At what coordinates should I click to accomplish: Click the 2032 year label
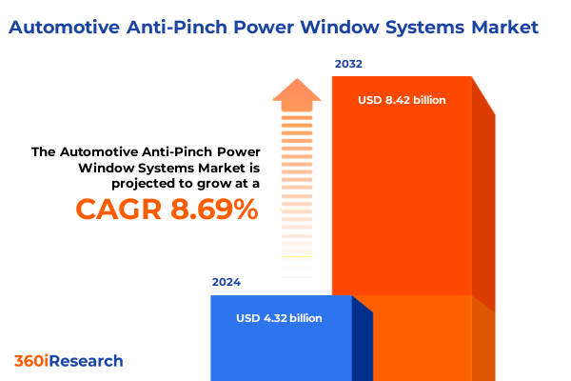(x=348, y=65)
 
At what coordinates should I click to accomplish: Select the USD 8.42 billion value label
(x=402, y=99)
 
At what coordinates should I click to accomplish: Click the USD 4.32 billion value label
(x=279, y=318)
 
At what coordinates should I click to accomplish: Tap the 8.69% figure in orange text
(x=215, y=210)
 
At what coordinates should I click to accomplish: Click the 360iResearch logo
(x=69, y=361)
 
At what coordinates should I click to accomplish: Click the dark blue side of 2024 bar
(x=362, y=343)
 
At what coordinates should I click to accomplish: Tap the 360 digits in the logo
(x=29, y=361)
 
